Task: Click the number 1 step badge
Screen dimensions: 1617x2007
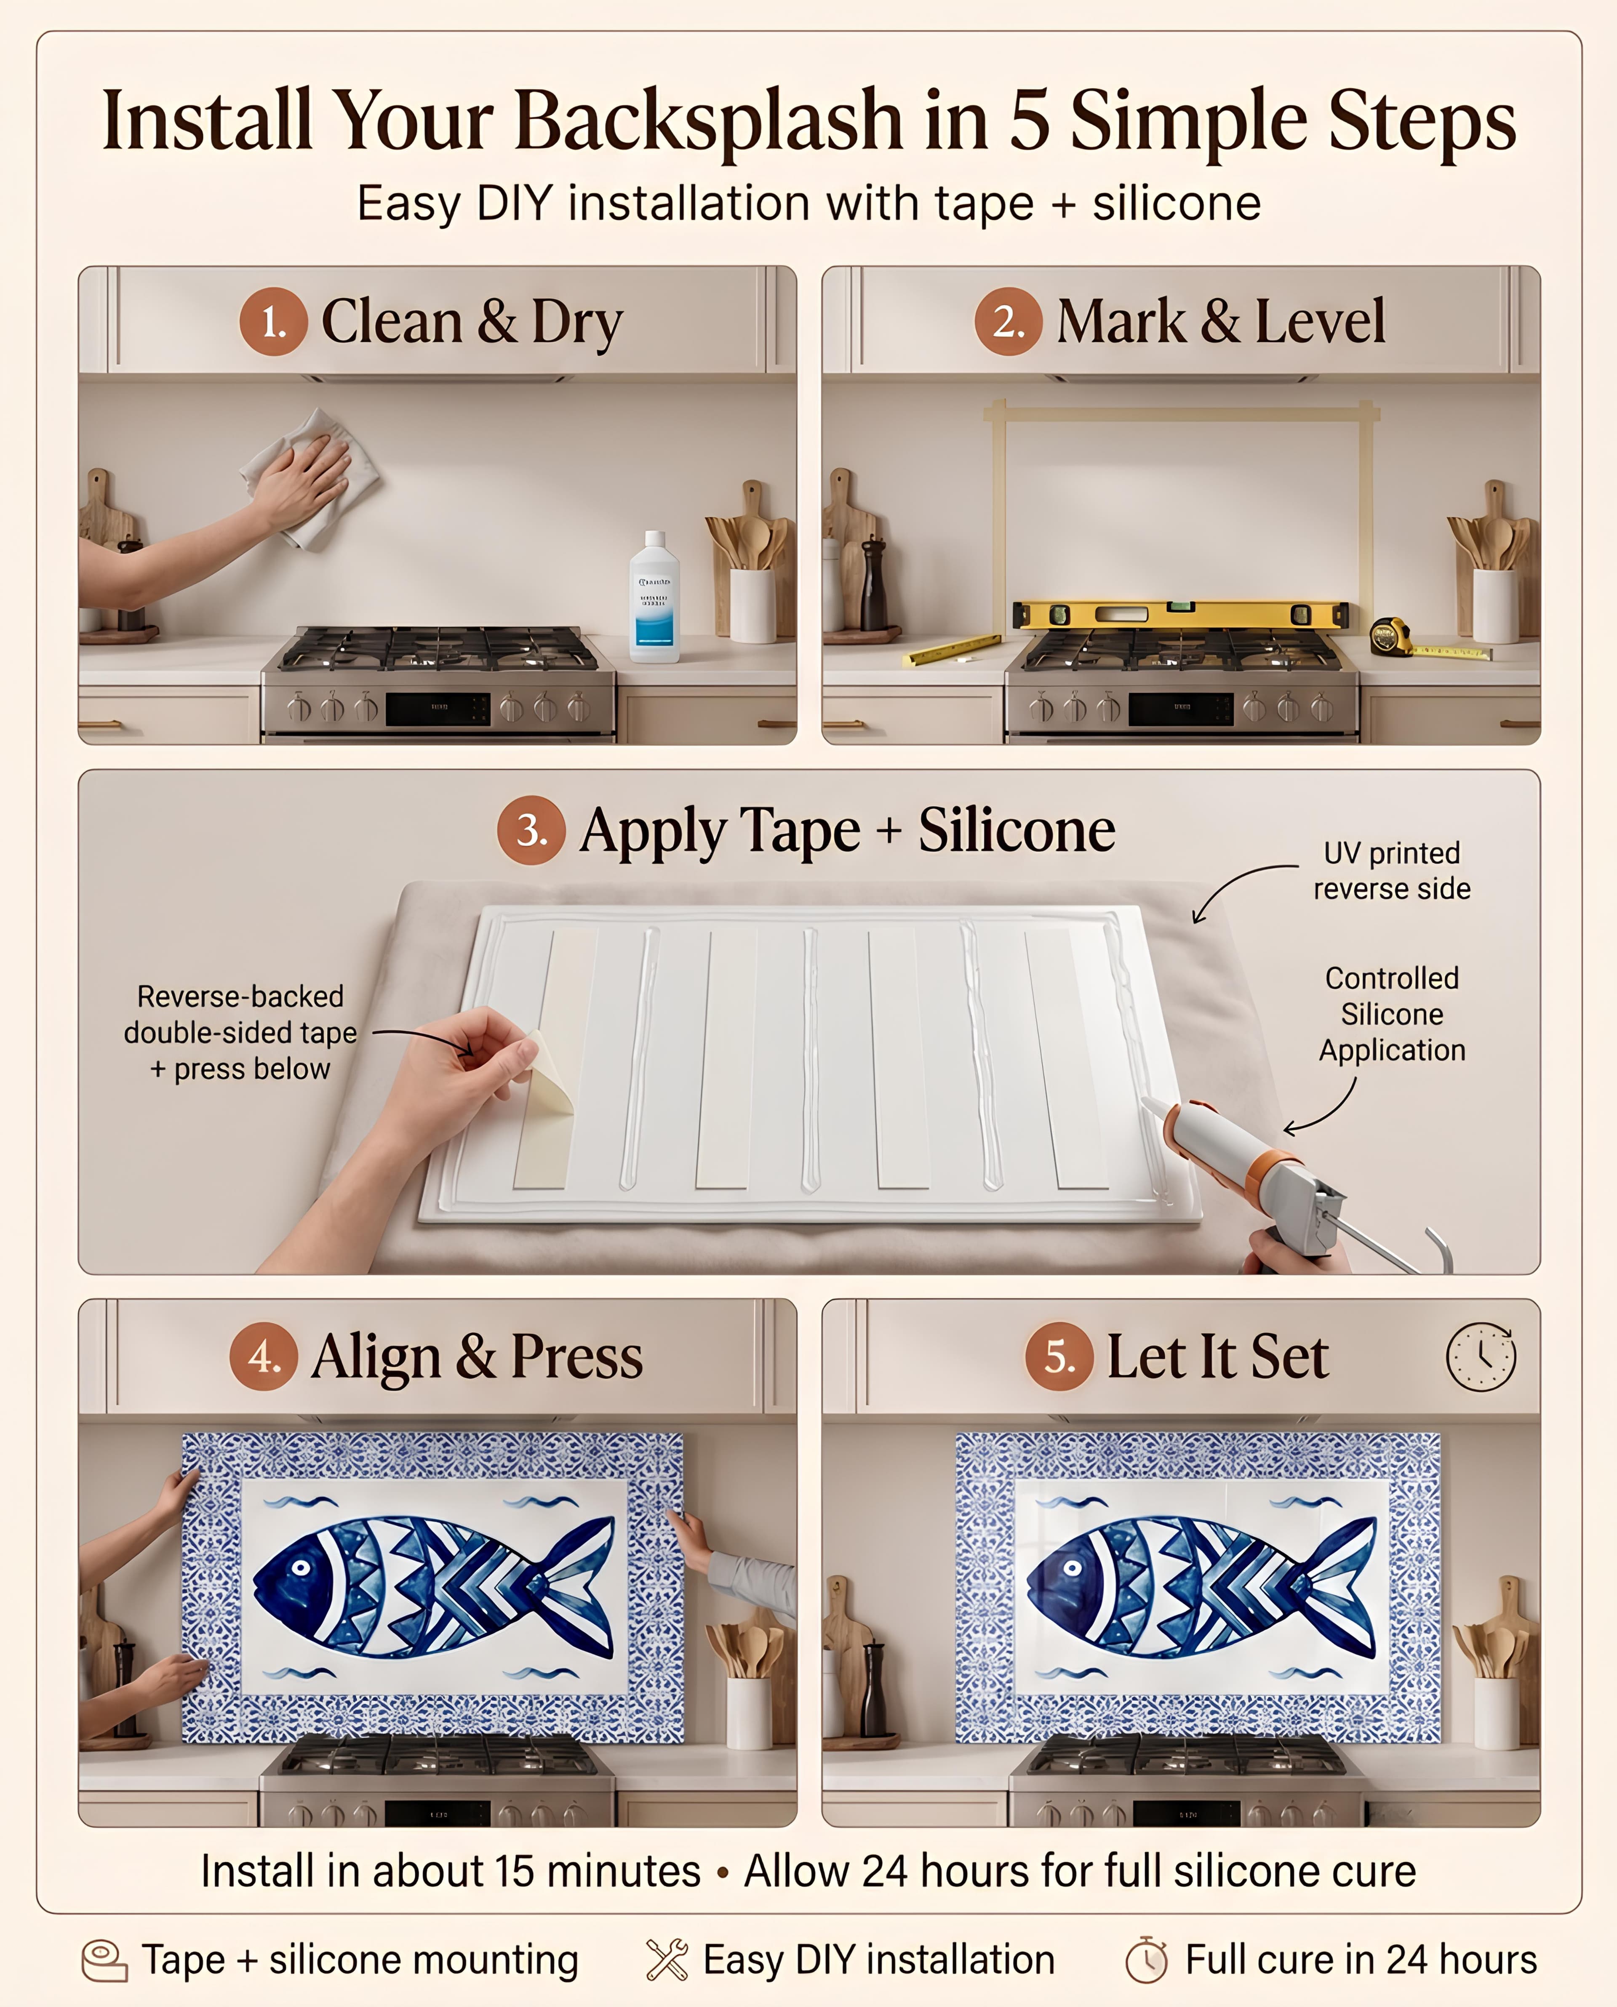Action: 273,321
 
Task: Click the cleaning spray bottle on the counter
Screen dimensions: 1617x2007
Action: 654,596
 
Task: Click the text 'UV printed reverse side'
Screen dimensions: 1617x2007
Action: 1392,871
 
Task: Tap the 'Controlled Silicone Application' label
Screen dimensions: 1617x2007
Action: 1392,1014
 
